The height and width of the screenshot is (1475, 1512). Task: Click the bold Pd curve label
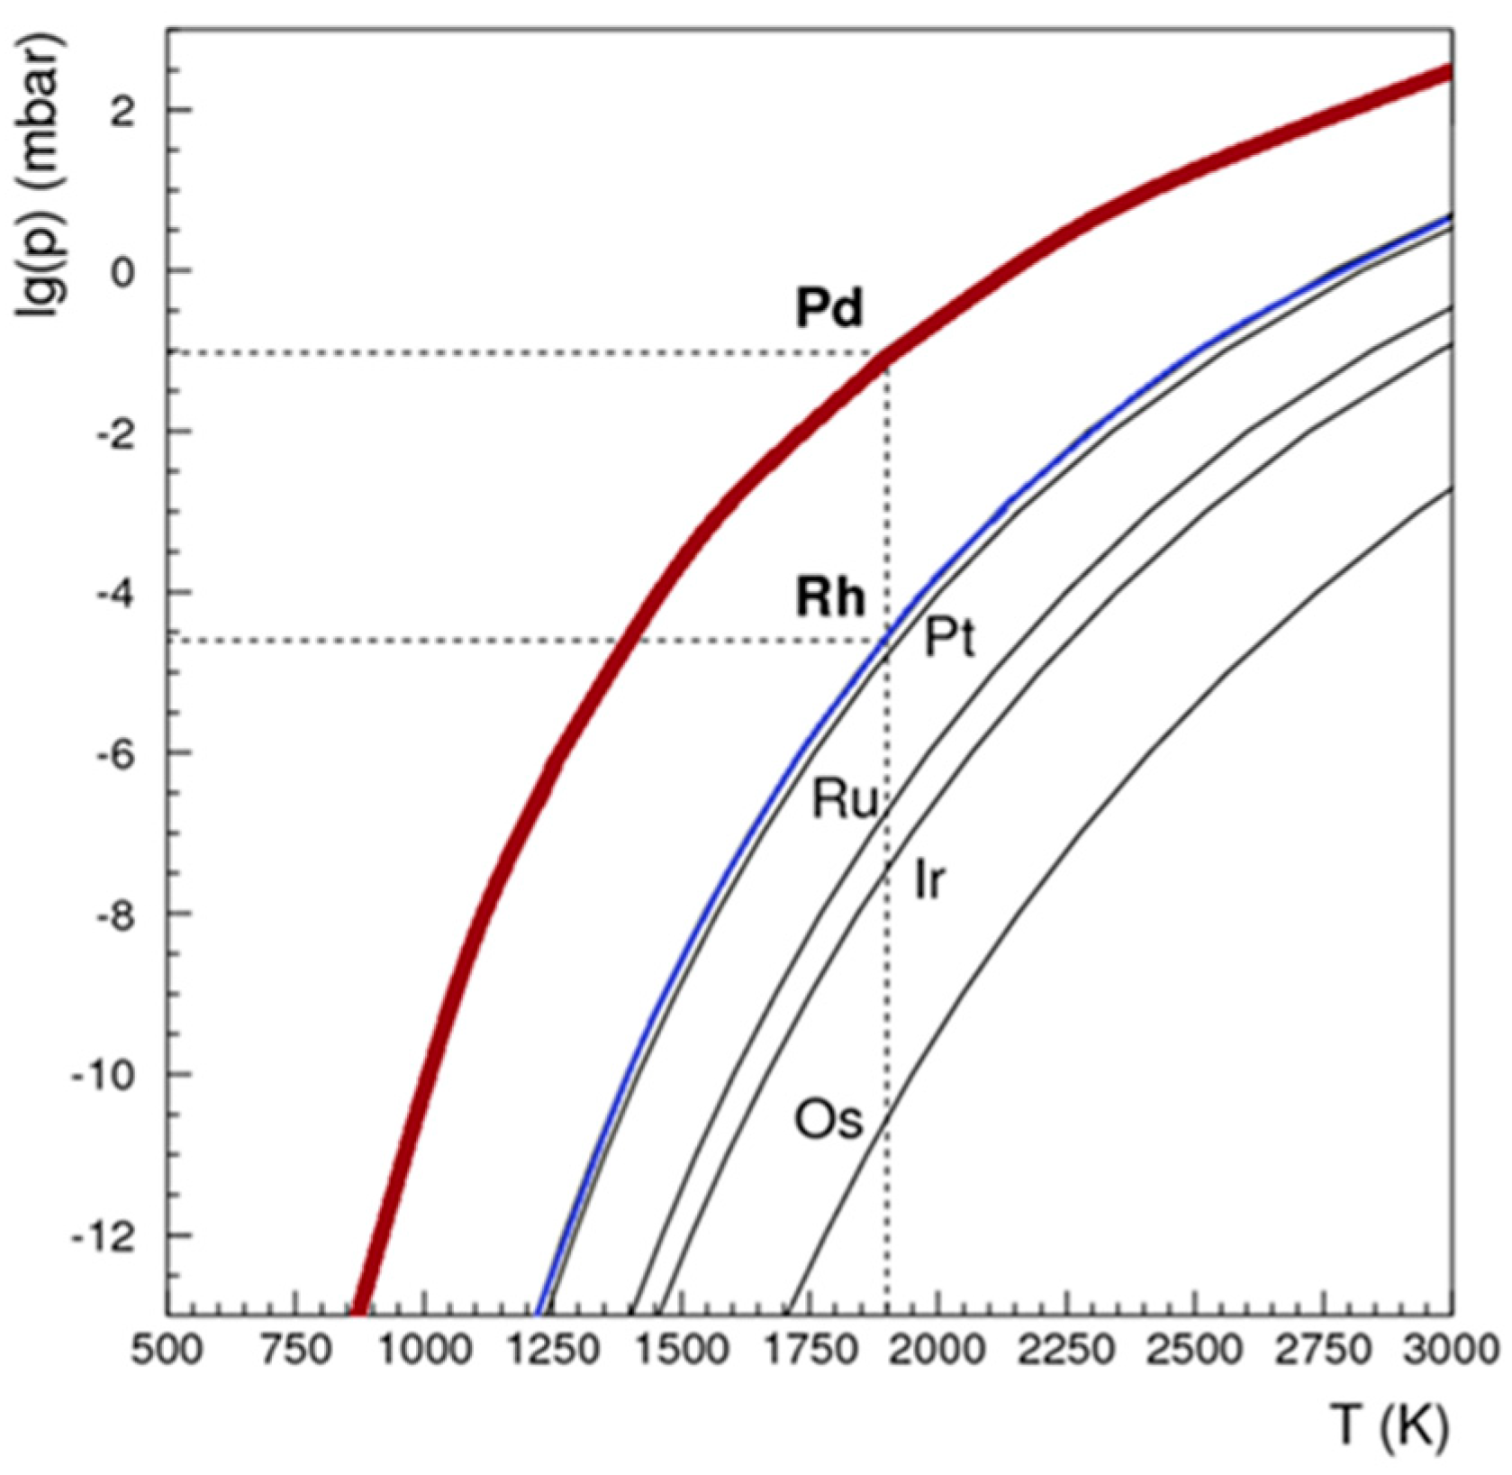828,309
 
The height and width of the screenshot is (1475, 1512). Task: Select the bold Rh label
829,598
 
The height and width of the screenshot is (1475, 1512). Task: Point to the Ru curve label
844,800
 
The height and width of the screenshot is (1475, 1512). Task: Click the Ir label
929,880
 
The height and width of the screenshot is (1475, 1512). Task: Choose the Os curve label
828,1122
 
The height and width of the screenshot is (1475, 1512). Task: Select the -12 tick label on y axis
101,1234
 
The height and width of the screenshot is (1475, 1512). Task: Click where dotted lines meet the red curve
886,353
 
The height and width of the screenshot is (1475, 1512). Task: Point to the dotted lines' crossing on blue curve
887,640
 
